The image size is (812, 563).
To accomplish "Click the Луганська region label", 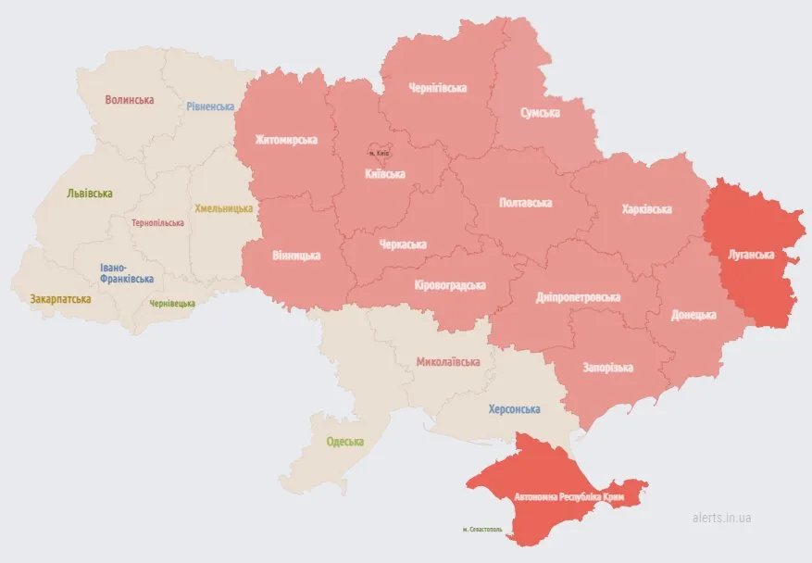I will tap(751, 254).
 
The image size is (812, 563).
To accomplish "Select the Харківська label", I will tap(646, 209).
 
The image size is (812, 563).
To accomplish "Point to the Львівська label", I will tap(90, 194).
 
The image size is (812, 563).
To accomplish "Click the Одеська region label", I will tap(344, 442).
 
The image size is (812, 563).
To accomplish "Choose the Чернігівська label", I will tap(437, 88).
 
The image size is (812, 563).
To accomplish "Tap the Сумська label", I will tap(540, 113).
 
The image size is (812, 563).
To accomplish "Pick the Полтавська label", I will tap(525, 202).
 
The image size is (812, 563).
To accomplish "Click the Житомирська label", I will tap(287, 140).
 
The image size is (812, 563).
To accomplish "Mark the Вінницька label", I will tap(296, 255).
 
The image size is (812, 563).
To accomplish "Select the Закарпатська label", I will tap(60, 299).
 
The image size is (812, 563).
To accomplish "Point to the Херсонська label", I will tap(514, 408).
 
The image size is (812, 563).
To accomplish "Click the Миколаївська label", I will tap(448, 362).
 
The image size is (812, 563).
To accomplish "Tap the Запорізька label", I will tap(607, 368).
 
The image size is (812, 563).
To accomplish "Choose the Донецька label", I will tap(693, 315).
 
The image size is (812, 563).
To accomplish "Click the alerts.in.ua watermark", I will tap(721, 518).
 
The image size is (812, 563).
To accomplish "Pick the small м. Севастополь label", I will tap(481, 530).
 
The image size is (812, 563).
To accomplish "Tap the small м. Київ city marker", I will tap(378, 152).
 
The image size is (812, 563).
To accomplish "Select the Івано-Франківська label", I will tap(127, 273).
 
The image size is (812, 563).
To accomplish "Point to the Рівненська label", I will tap(210, 106).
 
